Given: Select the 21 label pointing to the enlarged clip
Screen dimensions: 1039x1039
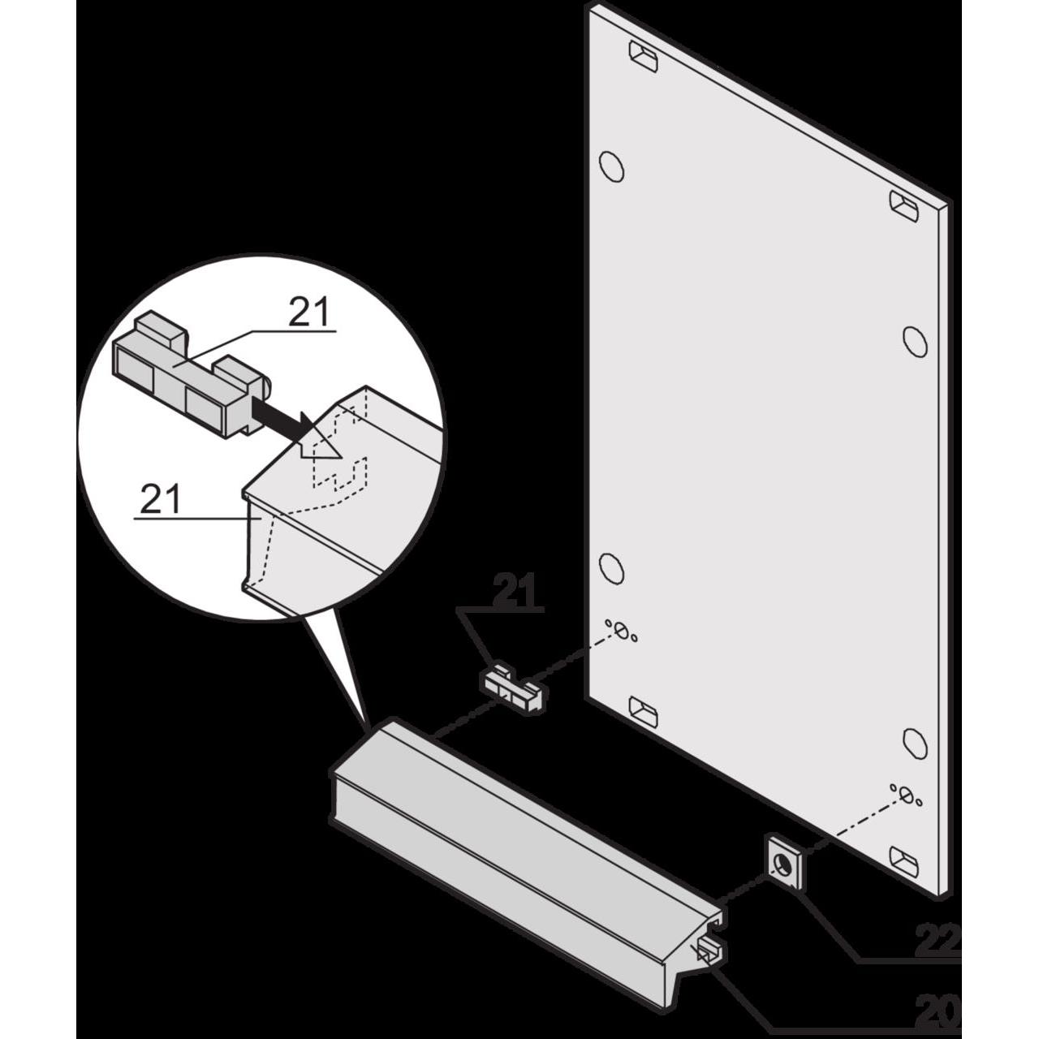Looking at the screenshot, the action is tap(308, 313).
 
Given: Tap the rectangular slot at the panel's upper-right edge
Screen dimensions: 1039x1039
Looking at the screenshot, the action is tap(903, 206).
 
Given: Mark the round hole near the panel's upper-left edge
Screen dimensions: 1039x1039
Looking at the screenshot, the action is tap(612, 166).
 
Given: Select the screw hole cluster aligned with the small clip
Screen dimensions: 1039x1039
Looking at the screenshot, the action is tap(621, 630).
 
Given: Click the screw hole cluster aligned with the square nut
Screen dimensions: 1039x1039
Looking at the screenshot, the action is tap(907, 795).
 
